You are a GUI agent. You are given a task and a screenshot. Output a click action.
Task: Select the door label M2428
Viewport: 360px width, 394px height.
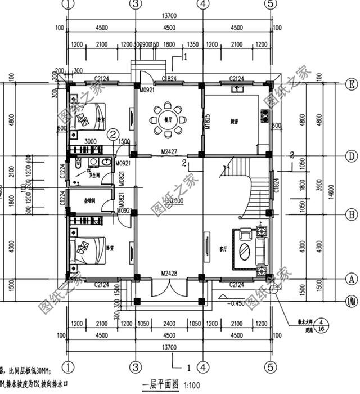[168, 274]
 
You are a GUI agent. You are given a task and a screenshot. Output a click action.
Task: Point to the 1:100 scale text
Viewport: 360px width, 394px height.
[191, 385]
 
